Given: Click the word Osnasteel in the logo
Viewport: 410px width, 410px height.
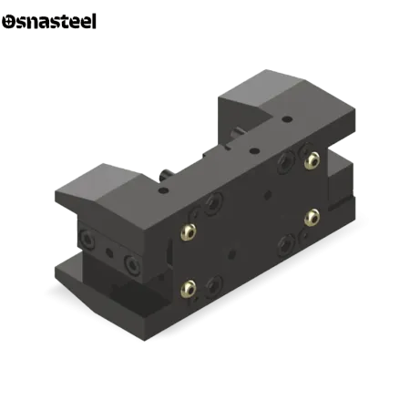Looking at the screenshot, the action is (49, 21).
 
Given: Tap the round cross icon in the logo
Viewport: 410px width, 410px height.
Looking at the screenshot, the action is (8, 22).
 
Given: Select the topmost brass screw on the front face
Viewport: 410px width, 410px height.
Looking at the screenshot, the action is (312, 160).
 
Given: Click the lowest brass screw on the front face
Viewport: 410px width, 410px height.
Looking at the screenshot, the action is (189, 289).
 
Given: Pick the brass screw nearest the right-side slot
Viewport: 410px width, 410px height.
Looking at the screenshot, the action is (312, 218).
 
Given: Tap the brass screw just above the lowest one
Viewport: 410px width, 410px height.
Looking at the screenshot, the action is (189, 232).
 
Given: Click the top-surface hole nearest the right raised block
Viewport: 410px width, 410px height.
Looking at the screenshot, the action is (287, 118).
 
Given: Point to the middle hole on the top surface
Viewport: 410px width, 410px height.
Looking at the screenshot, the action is (254, 150).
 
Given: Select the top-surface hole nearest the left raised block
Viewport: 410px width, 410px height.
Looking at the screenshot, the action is (163, 190).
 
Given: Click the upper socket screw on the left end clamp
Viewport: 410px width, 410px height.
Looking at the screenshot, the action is (87, 239).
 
